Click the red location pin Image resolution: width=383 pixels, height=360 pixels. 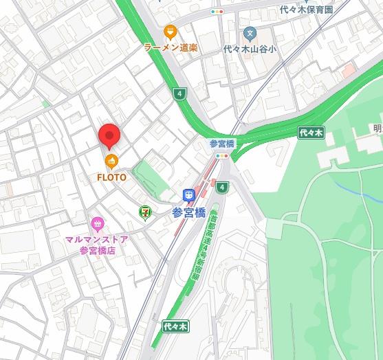(109, 136)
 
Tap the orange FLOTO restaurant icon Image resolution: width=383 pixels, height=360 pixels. (111, 161)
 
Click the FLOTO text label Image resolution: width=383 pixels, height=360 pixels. (111, 177)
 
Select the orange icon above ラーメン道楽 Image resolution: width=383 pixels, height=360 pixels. (171, 32)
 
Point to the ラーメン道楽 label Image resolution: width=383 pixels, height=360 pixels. (170, 47)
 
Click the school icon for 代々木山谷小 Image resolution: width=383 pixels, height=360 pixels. (250, 32)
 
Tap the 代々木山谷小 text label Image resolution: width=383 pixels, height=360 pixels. (250, 49)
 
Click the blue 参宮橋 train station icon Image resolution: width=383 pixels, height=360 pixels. (188, 196)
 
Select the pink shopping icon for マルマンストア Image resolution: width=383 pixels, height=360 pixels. (97, 223)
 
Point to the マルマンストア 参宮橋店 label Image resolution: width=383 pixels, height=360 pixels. (97, 245)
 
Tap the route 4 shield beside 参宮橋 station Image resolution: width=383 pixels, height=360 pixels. (221, 187)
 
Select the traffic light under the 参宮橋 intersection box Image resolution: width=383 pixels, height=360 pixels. (221, 156)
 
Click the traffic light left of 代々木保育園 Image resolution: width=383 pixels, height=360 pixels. (217, 12)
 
